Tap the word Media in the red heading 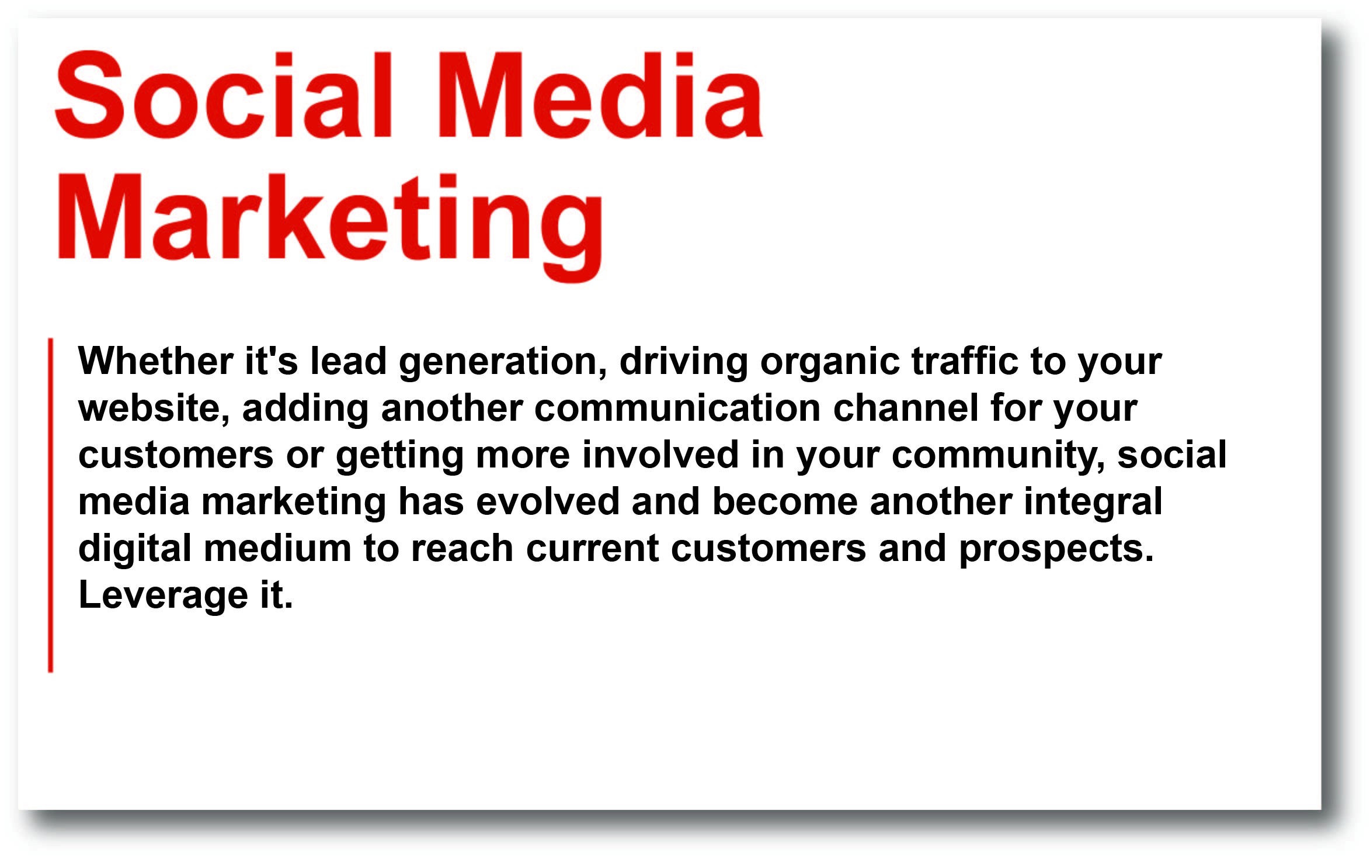click(601, 95)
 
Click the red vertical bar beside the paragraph click(51, 505)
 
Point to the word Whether click(156, 361)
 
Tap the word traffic click(965, 361)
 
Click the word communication click(677, 408)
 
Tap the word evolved click(548, 501)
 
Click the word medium click(277, 548)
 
